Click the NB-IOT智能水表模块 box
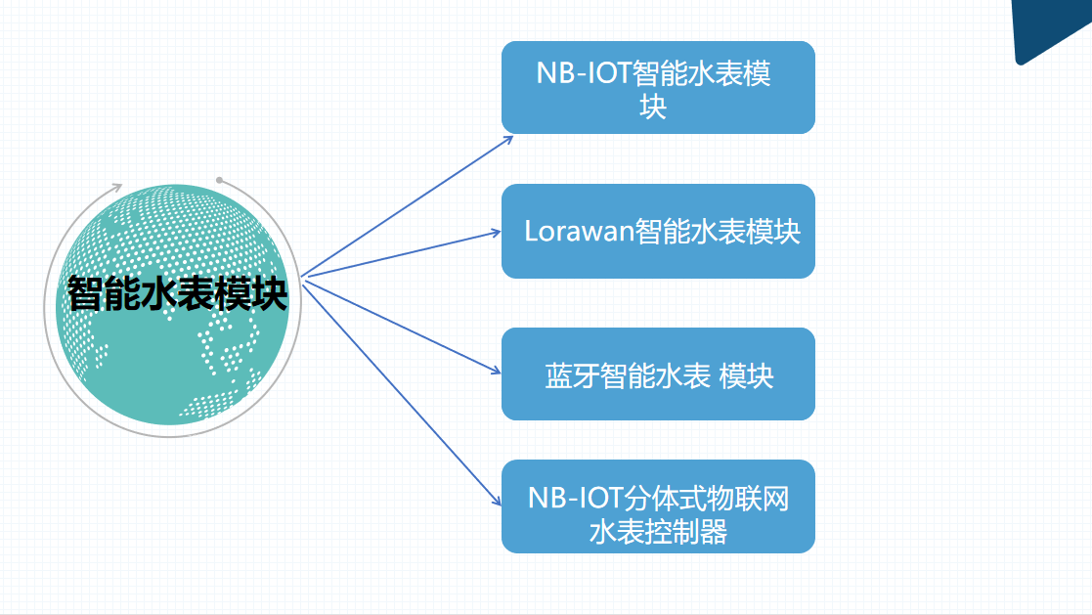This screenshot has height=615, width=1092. coord(658,87)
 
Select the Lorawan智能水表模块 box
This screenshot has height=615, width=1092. coord(658,231)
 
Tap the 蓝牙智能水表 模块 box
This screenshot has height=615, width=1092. coord(658,374)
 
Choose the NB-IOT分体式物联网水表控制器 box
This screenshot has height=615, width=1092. coord(658,506)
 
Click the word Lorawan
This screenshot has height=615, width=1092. coord(580,231)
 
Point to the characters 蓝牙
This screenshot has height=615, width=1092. coord(572,376)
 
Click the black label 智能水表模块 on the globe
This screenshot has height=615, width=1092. coord(177,293)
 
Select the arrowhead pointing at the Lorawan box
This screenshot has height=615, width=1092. coord(495,232)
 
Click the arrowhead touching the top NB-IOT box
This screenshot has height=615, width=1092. coord(507,140)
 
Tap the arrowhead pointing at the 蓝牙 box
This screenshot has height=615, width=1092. coord(495,371)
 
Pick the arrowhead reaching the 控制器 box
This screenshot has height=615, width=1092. coord(496,500)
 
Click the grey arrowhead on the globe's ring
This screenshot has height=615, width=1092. coord(116,187)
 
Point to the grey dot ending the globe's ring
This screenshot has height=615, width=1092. coord(219,180)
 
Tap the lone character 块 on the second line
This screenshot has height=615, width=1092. coord(653,107)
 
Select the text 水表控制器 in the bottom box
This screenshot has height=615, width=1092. coord(658,532)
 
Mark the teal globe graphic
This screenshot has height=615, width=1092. coord(173,304)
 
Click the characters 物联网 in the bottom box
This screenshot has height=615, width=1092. coord(748,499)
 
